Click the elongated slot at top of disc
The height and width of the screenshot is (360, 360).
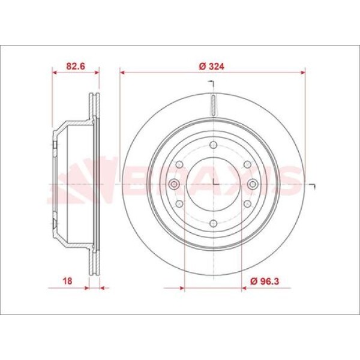(x=213, y=104)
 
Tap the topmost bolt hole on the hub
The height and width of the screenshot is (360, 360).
(x=213, y=144)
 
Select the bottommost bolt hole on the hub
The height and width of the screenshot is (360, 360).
(x=213, y=224)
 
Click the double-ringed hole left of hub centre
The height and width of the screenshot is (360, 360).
(x=173, y=184)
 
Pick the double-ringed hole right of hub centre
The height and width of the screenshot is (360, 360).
(x=253, y=184)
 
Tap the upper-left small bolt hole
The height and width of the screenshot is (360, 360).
(x=179, y=164)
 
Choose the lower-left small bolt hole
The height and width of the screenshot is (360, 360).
(x=179, y=204)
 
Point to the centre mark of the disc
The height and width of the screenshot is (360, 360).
(x=213, y=184)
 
